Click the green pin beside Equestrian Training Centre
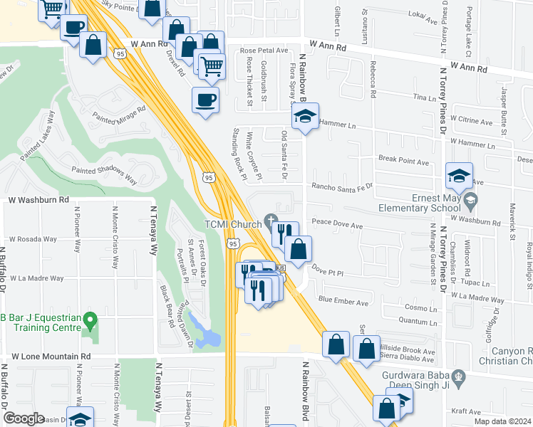pos(90,320)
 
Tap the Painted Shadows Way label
pos(105,171)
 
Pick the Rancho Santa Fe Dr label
pos(341,186)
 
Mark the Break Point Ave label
pos(403,162)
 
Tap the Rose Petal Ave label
pos(263,51)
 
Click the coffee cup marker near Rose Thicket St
pos(205,100)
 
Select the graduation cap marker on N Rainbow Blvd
pos(305,116)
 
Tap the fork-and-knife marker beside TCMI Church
pos(284,230)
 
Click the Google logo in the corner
pos(24,418)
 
